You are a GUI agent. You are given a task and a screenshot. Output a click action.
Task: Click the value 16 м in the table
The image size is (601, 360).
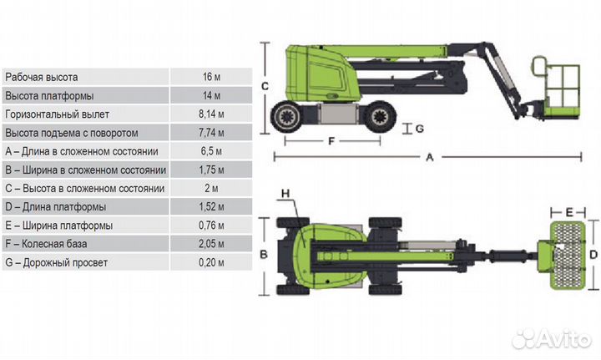point(211,77)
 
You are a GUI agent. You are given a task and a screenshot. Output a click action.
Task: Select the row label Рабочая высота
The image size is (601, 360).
point(42,77)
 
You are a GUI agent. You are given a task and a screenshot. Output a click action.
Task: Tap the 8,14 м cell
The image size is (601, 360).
point(211,114)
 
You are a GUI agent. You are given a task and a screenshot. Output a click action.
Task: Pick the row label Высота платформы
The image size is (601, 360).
point(49,96)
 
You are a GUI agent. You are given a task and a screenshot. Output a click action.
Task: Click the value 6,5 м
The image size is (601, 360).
point(211,151)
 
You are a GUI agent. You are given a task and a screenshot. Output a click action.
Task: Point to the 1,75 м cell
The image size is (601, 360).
point(211,170)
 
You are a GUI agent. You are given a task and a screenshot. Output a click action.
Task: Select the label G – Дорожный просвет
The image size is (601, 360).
point(57,262)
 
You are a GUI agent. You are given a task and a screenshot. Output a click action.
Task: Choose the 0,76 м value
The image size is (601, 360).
point(211,226)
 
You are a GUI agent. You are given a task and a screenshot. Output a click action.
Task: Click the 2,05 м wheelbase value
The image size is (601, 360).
point(211,244)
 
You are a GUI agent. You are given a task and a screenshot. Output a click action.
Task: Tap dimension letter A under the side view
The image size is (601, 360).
point(430,157)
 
